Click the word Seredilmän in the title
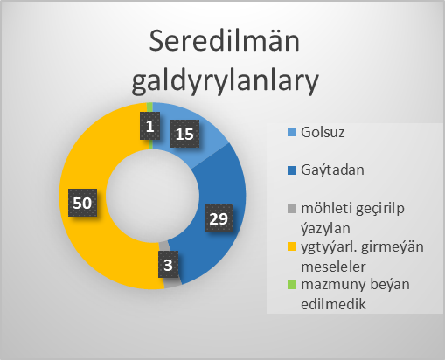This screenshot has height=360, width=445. (225, 41)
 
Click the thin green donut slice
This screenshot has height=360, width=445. (149, 108)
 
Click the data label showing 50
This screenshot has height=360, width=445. (82, 203)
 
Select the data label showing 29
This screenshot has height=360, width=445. (219, 218)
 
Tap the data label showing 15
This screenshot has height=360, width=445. (184, 134)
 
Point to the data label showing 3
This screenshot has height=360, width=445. (168, 265)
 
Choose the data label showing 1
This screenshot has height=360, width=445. (149, 126)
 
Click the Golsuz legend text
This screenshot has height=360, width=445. (323, 132)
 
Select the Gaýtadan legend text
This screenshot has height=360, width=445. (332, 170)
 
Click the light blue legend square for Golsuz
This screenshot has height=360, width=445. (292, 132)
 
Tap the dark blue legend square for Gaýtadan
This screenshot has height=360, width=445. (292, 170)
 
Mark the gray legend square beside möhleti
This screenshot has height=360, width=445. (292, 208)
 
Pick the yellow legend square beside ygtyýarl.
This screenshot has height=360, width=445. (292, 246)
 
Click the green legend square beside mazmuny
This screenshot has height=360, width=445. (292, 285)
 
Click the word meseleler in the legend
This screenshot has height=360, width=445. (333, 267)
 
